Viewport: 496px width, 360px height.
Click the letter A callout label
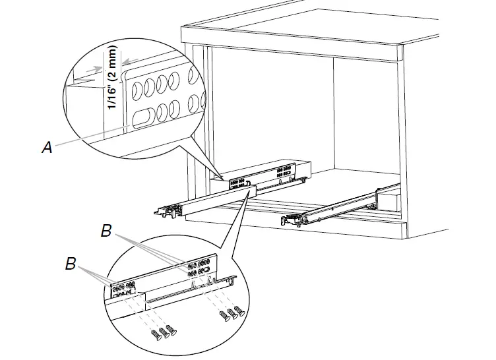[47, 148]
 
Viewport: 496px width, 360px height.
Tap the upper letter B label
[106, 231]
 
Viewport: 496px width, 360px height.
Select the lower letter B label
[71, 264]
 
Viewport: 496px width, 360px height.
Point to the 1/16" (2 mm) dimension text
[113, 78]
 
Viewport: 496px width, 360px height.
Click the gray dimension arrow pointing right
[94, 69]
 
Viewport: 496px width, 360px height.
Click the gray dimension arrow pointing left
[131, 61]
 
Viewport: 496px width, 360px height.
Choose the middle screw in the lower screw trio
[164, 333]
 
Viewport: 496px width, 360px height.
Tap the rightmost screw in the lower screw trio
[171, 330]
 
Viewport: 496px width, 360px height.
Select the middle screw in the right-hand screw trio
[232, 314]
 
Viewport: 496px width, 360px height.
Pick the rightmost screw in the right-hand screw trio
[240, 311]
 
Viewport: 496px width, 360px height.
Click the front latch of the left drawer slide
[168, 211]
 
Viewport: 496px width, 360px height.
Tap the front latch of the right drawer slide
[290, 220]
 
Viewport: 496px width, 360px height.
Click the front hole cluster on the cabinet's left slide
[237, 183]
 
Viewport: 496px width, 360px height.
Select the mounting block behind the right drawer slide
[388, 202]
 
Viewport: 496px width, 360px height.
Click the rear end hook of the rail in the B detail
[232, 279]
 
